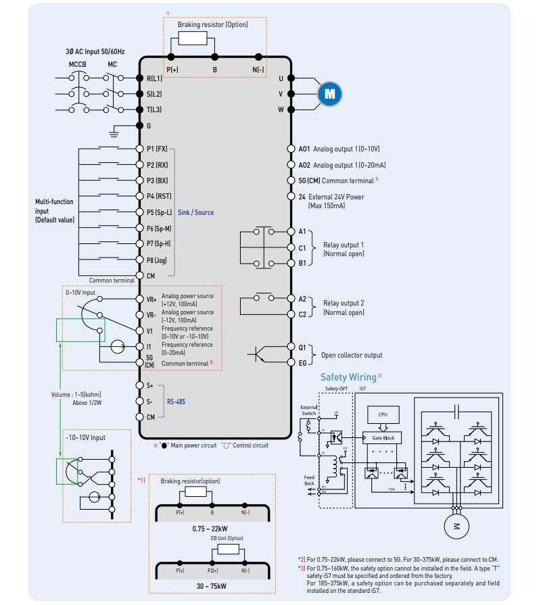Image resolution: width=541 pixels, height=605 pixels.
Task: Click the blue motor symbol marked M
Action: pos(329,94)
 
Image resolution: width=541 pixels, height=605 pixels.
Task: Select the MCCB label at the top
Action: pos(78,65)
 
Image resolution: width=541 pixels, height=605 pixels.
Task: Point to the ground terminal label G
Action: pos(149,126)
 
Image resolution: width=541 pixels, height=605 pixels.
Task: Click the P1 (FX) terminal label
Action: pos(157,149)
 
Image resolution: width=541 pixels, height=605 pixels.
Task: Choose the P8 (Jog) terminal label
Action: pos(157,260)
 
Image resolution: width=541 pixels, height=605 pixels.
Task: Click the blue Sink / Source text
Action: pos(195,212)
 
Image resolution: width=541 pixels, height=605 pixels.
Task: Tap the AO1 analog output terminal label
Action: pos(304,149)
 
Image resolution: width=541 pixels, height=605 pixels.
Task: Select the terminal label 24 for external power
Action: pos(302,197)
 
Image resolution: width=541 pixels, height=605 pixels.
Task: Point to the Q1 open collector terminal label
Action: pos(302,347)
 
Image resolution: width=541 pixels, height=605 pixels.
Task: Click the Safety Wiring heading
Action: pos(348,377)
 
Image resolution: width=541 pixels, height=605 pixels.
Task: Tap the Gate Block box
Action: pos(382,438)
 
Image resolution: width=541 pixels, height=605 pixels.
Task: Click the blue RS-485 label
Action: pos(177,402)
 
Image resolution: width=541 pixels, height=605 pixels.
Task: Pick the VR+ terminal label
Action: pos(151,299)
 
